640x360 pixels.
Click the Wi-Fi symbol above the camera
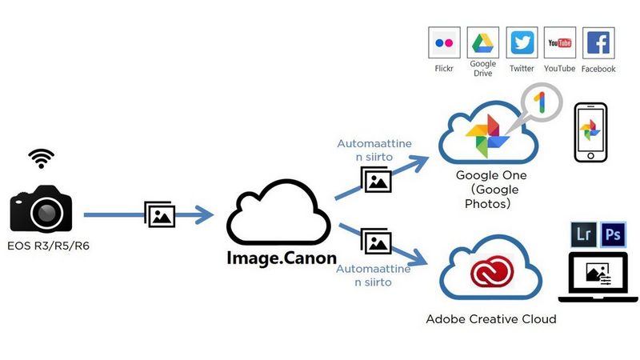41,158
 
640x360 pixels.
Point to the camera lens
46,211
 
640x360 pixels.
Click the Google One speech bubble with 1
540,103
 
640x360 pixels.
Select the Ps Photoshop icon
614,234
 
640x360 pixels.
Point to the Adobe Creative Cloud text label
490,319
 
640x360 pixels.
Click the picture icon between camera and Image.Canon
160,214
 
